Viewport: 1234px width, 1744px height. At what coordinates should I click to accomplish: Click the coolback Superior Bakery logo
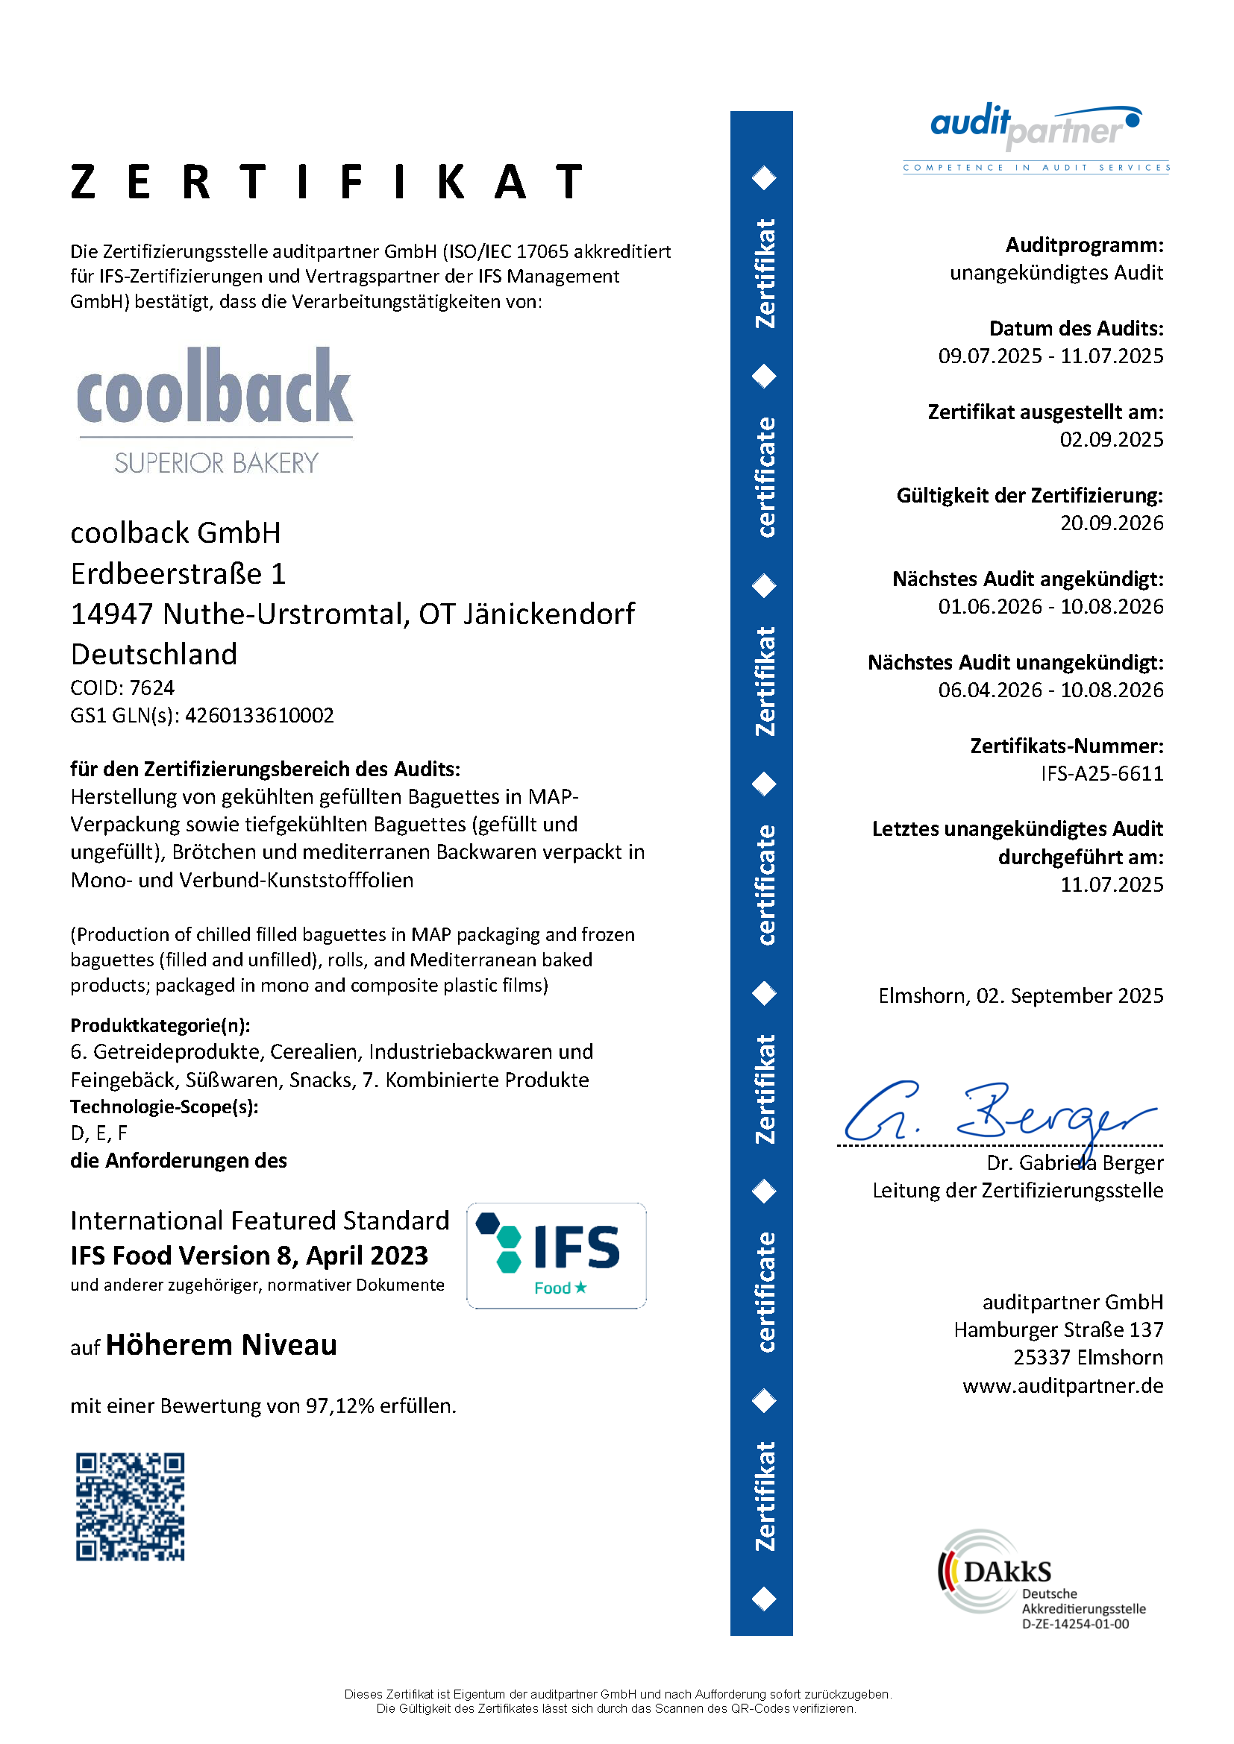215,410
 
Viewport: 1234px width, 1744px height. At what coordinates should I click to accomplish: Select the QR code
130,1506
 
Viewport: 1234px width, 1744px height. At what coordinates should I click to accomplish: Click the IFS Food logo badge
557,1255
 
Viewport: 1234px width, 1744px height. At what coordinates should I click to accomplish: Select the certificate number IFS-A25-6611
1101,773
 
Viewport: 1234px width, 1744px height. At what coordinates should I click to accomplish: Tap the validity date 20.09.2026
1111,523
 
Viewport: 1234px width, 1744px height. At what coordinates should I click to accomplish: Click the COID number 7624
152,687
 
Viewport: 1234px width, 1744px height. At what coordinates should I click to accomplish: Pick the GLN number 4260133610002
259,715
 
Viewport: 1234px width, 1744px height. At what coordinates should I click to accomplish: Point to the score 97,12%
339,1405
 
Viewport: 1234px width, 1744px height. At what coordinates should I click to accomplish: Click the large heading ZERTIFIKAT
327,181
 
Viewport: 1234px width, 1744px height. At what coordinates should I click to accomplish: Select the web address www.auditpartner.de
1062,1385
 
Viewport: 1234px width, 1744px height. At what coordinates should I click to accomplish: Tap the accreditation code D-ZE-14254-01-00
1075,1624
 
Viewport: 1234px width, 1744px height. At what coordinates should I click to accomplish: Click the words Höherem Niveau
221,1344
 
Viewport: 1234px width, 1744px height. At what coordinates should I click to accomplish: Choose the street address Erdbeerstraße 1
178,573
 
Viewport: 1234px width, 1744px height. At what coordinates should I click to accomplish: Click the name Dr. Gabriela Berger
1074,1162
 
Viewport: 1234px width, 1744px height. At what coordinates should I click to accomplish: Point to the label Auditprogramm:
1084,245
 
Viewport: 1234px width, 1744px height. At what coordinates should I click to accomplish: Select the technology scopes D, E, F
98,1133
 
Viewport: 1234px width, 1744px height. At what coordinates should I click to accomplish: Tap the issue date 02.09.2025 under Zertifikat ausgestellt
1111,439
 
